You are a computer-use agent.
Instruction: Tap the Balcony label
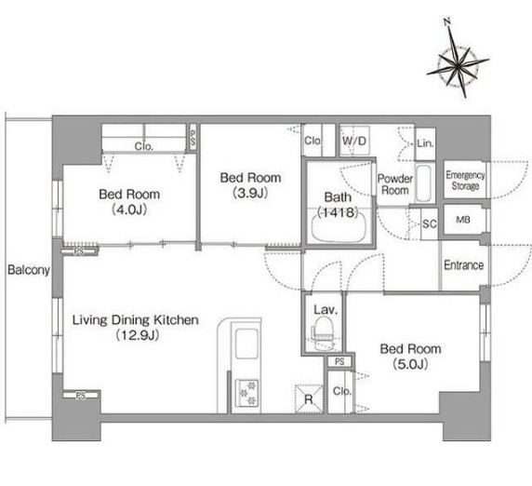[x=29, y=270]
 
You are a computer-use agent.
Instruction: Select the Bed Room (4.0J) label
[x=129, y=202]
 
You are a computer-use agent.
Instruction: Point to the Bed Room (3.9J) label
[x=250, y=185]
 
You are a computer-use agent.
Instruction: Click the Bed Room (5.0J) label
[x=410, y=357]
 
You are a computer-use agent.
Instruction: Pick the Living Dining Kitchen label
[x=136, y=327]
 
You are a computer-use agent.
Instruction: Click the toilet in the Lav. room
[x=321, y=333]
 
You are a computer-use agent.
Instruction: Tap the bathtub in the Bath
[x=339, y=226]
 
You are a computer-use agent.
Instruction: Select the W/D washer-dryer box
[x=354, y=141]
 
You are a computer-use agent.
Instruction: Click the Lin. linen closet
[x=425, y=143]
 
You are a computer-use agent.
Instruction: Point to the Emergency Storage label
[x=465, y=181]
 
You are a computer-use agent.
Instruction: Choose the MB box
[x=463, y=220]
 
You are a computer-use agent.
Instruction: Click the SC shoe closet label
[x=430, y=223]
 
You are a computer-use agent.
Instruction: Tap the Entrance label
[x=463, y=265]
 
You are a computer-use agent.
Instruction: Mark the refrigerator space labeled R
[x=309, y=398]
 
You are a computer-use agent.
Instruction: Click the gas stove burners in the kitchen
[x=246, y=393]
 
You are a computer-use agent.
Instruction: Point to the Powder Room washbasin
[x=423, y=183]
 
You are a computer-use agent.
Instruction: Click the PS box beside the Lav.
[x=339, y=361]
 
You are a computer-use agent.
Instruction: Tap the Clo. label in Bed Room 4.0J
[x=144, y=146]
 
